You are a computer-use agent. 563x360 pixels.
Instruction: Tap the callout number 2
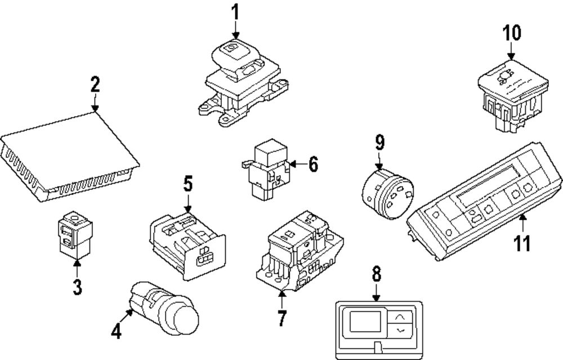(x=95, y=85)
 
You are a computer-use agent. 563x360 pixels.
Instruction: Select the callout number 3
(x=77, y=286)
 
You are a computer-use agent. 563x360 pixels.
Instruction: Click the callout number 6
(x=314, y=165)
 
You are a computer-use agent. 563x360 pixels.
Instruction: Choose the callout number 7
(x=281, y=317)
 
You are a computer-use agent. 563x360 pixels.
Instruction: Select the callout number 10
(x=512, y=33)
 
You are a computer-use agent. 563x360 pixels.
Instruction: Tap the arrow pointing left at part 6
(x=299, y=165)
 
